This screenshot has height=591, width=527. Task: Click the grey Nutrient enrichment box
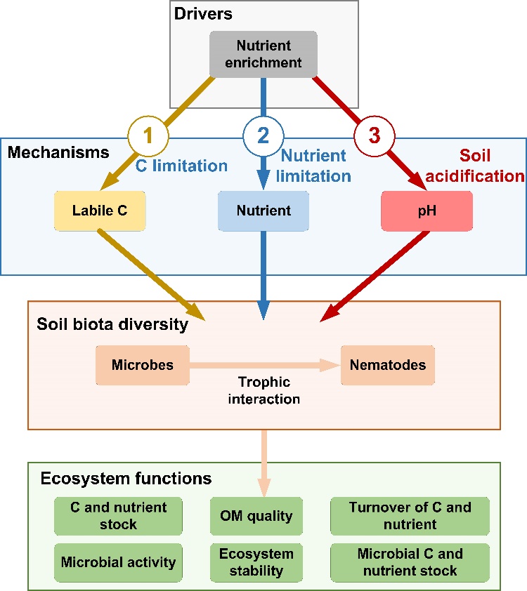(x=264, y=54)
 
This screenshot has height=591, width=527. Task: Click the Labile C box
(x=100, y=210)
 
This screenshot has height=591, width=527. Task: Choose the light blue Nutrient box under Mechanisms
(x=263, y=210)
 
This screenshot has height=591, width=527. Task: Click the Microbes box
(x=143, y=365)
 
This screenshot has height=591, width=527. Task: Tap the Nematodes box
(x=388, y=365)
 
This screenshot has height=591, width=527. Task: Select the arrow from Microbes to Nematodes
(x=263, y=365)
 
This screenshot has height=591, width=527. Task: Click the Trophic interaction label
(x=264, y=391)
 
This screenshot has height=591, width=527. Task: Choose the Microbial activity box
(x=118, y=562)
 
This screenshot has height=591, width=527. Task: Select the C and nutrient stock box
(x=118, y=516)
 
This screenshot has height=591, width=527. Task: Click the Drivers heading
(x=203, y=15)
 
